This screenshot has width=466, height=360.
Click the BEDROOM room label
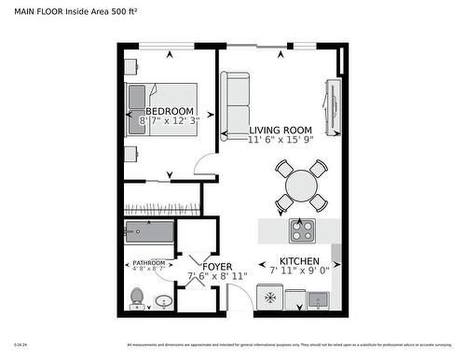169,111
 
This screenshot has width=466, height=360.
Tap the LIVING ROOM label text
280,130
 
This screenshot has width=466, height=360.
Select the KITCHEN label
299,262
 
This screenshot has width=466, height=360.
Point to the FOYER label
203,267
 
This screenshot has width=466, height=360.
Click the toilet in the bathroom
137,298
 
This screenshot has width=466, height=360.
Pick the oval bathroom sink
162,302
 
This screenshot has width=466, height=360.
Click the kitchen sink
318,299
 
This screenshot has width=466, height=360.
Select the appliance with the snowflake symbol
268,298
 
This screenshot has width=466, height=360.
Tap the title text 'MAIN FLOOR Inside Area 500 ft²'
75,11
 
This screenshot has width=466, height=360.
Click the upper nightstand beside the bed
131,67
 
